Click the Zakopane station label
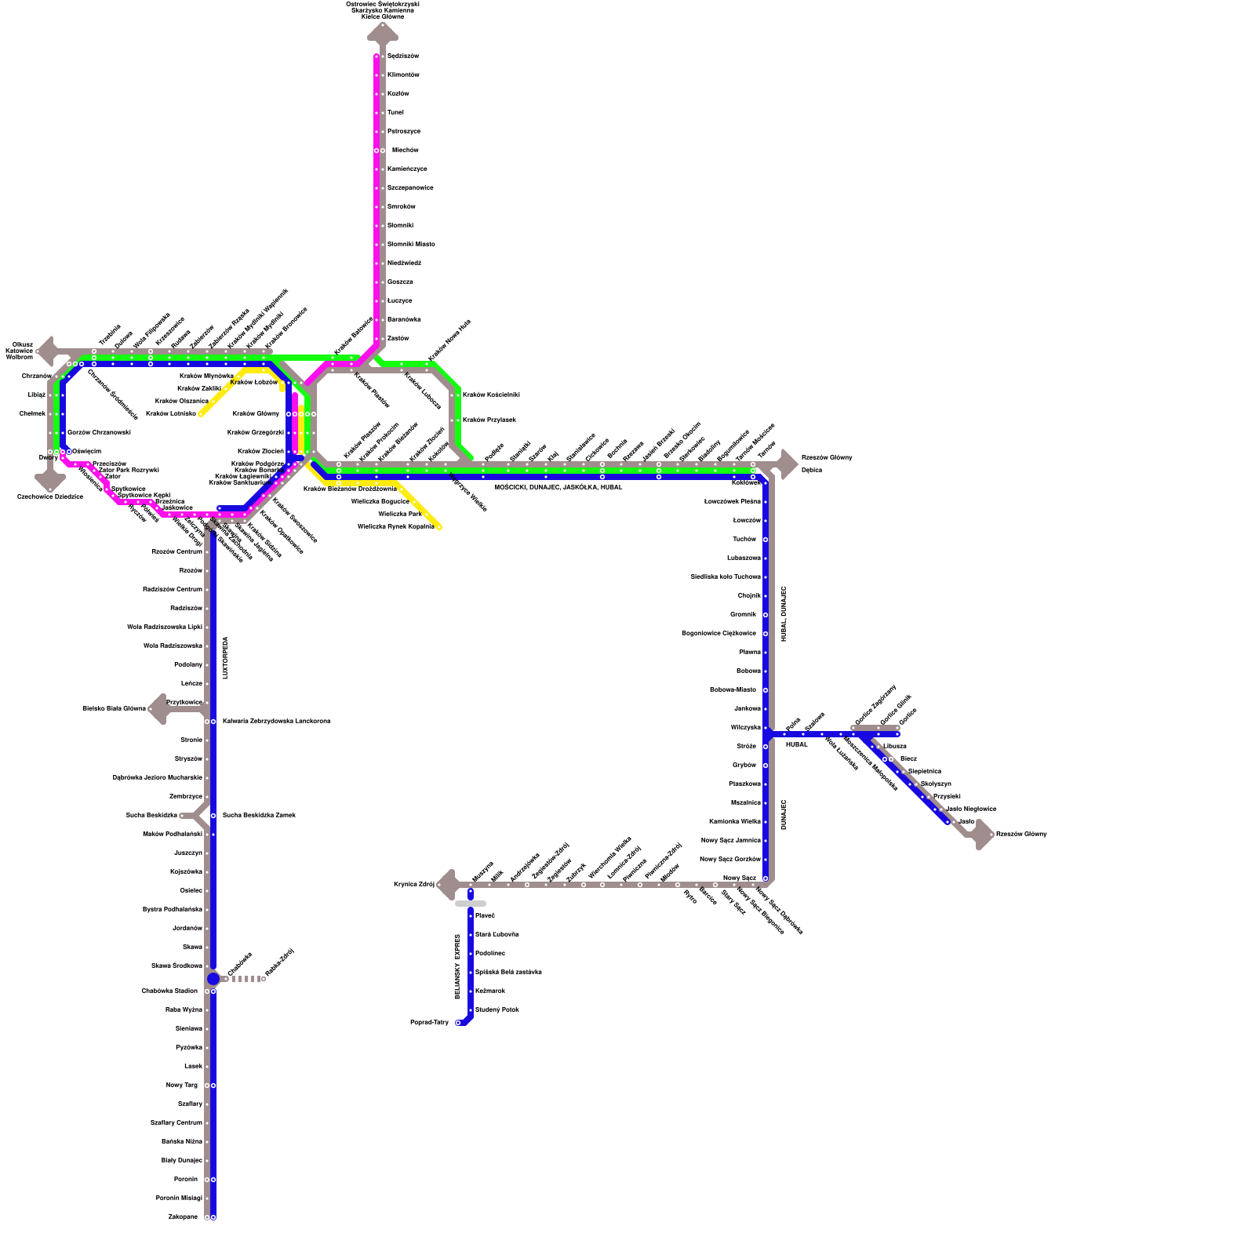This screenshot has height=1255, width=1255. coord(183,1217)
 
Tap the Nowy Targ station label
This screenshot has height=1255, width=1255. coord(182,1086)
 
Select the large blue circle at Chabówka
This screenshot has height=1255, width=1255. coord(213,979)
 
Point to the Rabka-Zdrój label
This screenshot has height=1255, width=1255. coord(279,963)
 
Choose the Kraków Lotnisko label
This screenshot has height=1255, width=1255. coord(171,413)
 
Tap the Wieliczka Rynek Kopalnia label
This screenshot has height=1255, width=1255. coord(395,527)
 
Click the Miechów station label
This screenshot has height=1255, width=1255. coord(405,150)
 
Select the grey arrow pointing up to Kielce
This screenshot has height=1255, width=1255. coord(383,33)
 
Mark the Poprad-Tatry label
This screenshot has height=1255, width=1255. coord(429,1023)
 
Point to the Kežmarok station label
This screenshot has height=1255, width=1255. coord(490,991)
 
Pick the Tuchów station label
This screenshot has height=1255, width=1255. coord(744,540)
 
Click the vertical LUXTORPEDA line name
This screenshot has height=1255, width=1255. coord(226,657)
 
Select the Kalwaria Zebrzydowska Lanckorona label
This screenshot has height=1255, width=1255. coord(276,721)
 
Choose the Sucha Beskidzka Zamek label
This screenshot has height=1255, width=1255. coord(259,815)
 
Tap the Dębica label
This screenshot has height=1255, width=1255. coord(812,471)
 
